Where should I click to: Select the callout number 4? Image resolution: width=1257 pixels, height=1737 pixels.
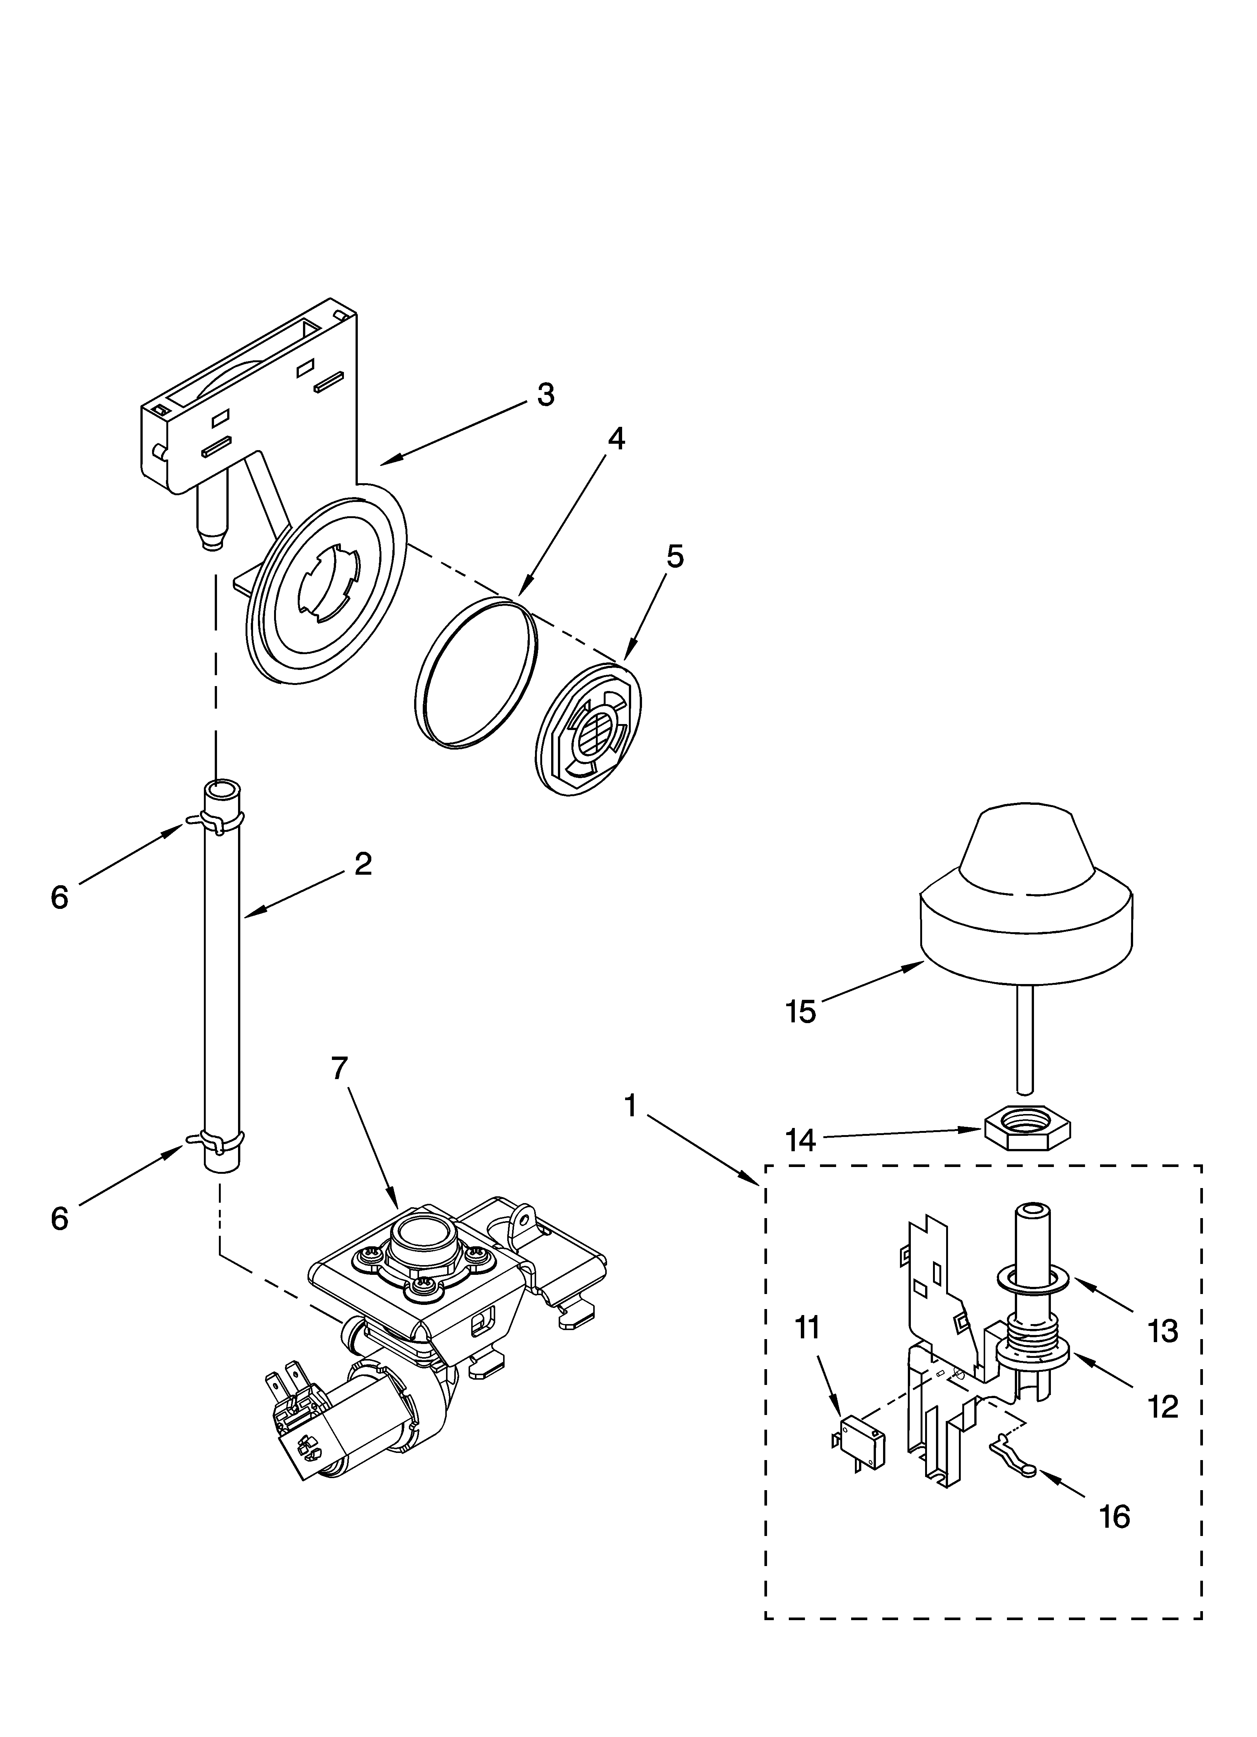tap(616, 439)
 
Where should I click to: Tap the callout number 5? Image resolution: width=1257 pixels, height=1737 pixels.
tap(674, 557)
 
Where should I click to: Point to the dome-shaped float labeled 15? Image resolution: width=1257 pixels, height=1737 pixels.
tap(1026, 896)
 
